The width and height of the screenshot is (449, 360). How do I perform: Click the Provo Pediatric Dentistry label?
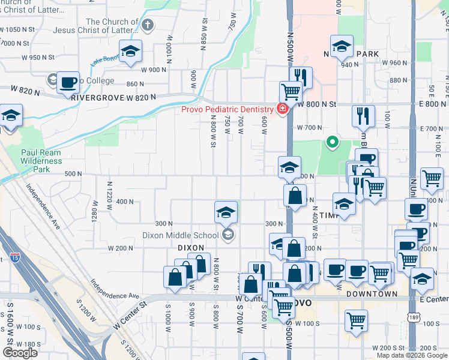click(x=228, y=109)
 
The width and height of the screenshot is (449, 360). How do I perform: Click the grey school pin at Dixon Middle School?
click(x=228, y=235)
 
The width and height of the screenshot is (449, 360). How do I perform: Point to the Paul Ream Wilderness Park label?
click(x=41, y=161)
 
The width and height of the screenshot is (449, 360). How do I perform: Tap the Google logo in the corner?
click(x=20, y=352)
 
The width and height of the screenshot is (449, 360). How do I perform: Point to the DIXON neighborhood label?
click(x=191, y=247)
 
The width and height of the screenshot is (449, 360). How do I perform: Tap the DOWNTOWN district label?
click(x=372, y=294)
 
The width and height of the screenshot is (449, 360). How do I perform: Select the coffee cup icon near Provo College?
click(x=68, y=82)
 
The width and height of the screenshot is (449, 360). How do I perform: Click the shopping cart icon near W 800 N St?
click(x=291, y=92)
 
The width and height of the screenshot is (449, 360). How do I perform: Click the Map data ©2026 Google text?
click(x=411, y=355)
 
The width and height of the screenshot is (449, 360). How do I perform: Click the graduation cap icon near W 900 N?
click(x=130, y=51)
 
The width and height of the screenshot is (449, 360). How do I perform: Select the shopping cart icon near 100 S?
click(x=357, y=319)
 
